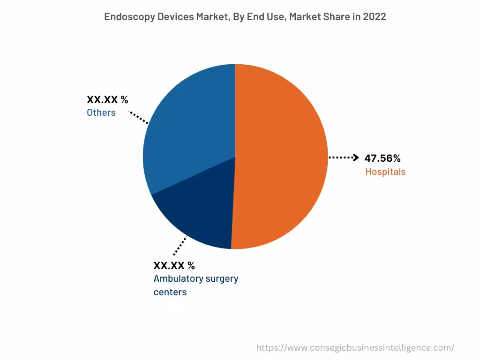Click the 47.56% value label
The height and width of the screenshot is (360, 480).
pyautogui.click(x=382, y=158)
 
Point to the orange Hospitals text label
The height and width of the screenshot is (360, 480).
pyautogui.click(x=385, y=172)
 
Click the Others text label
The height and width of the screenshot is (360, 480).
pyautogui.click(x=101, y=112)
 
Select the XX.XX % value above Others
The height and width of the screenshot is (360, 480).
pyautogui.click(x=107, y=99)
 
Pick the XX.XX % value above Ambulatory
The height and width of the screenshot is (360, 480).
pyautogui.click(x=174, y=265)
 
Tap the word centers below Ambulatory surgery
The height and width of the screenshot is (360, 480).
pyautogui.click(x=170, y=292)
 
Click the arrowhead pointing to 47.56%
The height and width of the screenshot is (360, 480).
pyautogui.click(x=356, y=157)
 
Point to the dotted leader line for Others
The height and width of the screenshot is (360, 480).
pyautogui.click(x=139, y=117)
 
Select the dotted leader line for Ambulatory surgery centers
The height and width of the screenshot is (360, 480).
pyautogui.click(x=180, y=245)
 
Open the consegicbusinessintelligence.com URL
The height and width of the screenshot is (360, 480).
pyautogui.click(x=355, y=347)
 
